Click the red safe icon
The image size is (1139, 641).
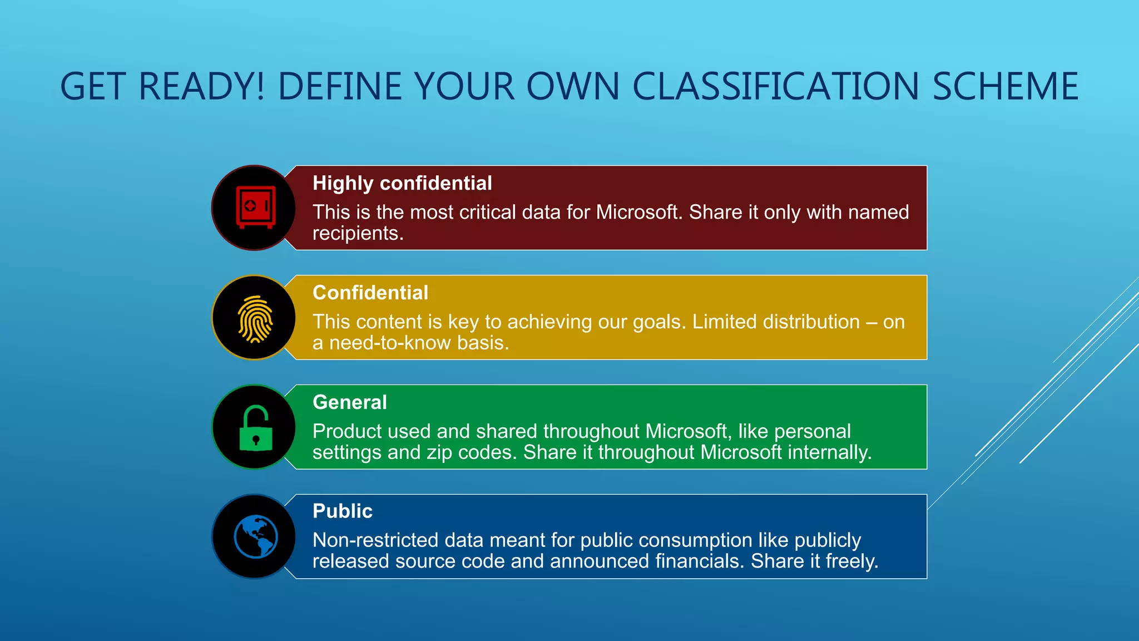pyautogui.click(x=255, y=207)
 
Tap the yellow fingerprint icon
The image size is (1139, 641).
pyautogui.click(x=255, y=319)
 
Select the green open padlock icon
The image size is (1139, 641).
pyautogui.click(x=256, y=428)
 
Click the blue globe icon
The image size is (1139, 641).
pyautogui.click(x=256, y=536)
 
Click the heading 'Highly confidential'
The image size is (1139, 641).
pyautogui.click(x=402, y=183)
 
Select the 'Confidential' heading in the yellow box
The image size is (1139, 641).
pyautogui.click(x=370, y=293)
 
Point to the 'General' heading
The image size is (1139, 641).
pyautogui.click(x=349, y=402)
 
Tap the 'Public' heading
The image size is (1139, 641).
pyautogui.click(x=342, y=511)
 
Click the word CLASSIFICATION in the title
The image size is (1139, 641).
pyautogui.click(x=776, y=87)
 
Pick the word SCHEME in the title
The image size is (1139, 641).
pyautogui.click(x=1006, y=87)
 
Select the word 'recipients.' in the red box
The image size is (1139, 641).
pyautogui.click(x=358, y=234)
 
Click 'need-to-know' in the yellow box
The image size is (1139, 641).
pyautogui.click(x=390, y=343)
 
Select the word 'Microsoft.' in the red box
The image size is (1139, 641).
pyautogui.click(x=639, y=213)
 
